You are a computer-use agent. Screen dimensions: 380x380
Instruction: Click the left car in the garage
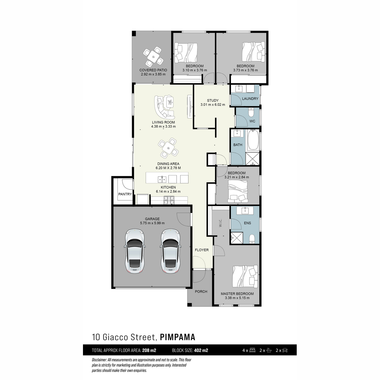pyautogui.click(x=135, y=251)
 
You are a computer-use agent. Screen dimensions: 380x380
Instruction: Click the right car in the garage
pyautogui.click(x=170, y=251)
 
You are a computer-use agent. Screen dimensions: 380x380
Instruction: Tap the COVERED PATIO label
pyautogui.click(x=153, y=70)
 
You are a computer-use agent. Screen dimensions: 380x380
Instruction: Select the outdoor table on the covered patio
pyautogui.click(x=153, y=57)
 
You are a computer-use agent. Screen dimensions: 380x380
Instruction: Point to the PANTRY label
pyautogui.click(x=125, y=194)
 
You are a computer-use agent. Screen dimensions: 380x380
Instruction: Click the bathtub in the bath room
pyautogui.click(x=253, y=141)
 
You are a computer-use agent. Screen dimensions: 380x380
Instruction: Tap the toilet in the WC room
pyautogui.click(x=251, y=112)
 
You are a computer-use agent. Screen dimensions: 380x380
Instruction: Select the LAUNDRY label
pyautogui.click(x=250, y=98)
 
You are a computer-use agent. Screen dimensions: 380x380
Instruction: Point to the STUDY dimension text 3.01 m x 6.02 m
pyautogui.click(x=213, y=104)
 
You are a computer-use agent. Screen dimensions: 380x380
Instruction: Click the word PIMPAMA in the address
pyautogui.click(x=177, y=337)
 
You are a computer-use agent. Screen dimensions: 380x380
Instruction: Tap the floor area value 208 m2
pyautogui.click(x=149, y=350)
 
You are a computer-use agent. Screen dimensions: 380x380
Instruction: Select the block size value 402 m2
pyautogui.click(x=201, y=350)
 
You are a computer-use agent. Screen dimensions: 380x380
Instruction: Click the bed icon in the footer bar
pyautogui.click(x=252, y=350)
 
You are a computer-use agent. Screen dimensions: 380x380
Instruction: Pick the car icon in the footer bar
pyautogui.click(x=285, y=350)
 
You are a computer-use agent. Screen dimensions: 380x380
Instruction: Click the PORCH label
pyautogui.click(x=201, y=292)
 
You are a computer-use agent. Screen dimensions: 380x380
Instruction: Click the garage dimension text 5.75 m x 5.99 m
pyautogui.click(x=152, y=223)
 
